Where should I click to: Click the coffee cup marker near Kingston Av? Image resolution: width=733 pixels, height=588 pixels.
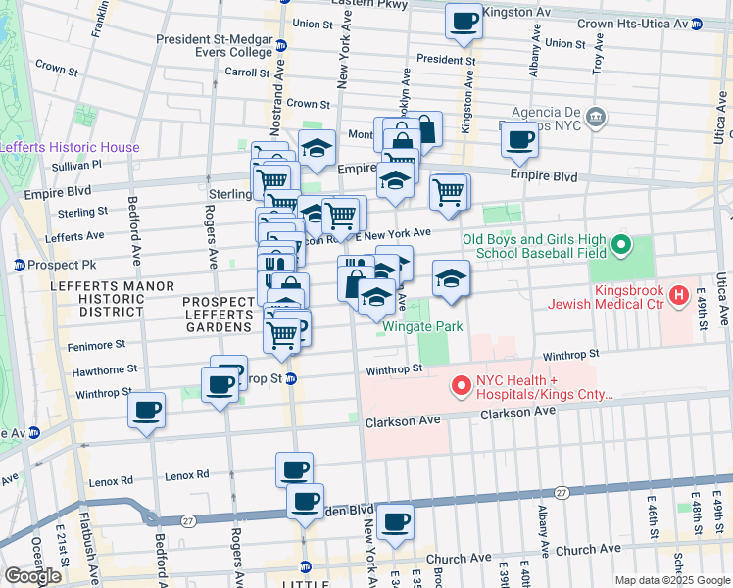click(x=464, y=21)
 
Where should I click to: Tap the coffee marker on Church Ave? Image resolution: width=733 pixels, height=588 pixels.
click(x=395, y=523)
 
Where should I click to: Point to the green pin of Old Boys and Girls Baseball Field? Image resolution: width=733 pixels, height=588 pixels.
click(x=619, y=245)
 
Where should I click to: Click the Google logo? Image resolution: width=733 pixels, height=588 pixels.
click(x=33, y=575)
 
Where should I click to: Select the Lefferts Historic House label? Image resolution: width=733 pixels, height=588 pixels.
click(x=70, y=147)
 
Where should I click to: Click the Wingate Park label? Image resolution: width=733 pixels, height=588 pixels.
click(x=422, y=326)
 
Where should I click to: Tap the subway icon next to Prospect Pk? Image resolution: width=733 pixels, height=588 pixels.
click(x=18, y=265)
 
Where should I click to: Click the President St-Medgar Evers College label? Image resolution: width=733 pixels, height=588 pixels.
click(x=217, y=46)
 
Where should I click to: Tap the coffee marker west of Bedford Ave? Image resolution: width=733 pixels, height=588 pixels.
click(x=146, y=410)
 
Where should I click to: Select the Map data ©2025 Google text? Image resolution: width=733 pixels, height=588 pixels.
click(x=672, y=580)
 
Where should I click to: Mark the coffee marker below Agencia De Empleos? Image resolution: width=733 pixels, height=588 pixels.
click(x=519, y=140)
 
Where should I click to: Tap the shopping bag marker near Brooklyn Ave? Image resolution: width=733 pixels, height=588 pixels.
click(x=424, y=128)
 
